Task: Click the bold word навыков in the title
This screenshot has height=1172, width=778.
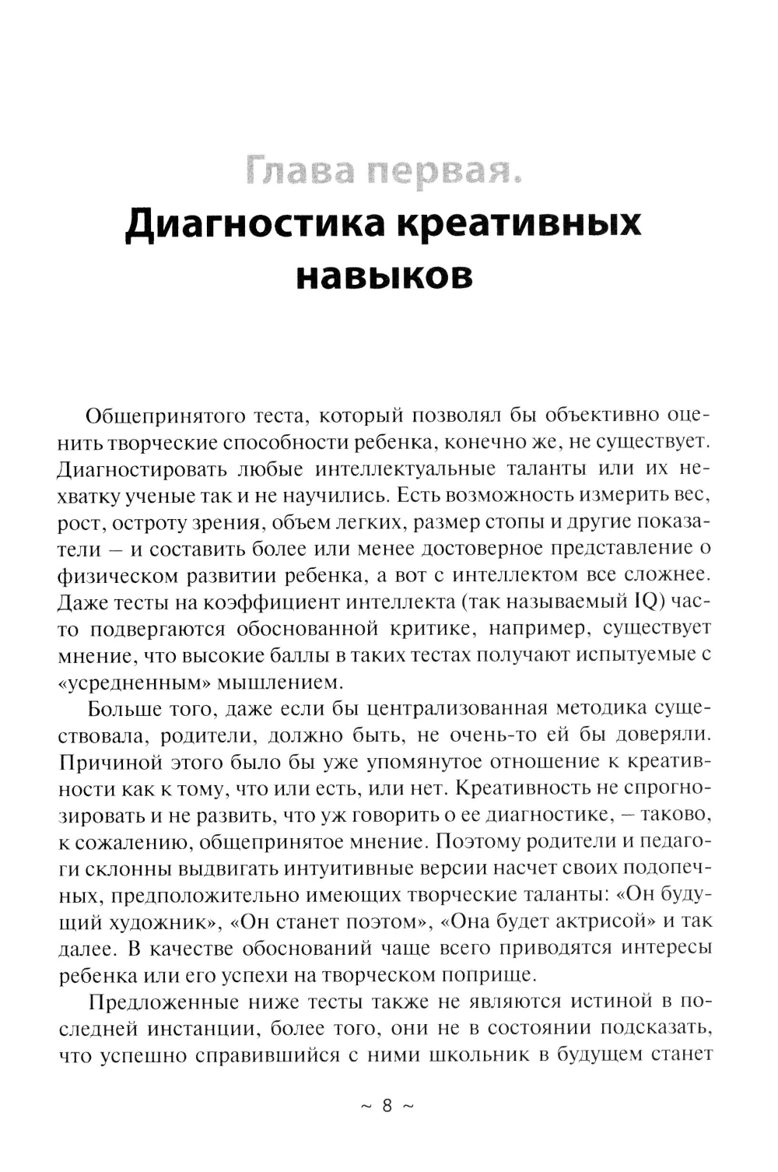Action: (x=385, y=276)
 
